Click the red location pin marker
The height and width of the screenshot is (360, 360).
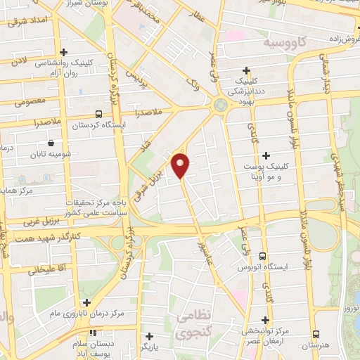coord(181,165)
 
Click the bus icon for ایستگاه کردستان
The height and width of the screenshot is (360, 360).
coord(98,113)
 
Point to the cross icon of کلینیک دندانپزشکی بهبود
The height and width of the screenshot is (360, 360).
coord(246,70)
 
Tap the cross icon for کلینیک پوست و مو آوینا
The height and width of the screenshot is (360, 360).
coord(266,155)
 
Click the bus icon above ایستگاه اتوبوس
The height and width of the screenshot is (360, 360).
coord(263,257)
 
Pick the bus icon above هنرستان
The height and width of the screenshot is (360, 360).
coord(316,334)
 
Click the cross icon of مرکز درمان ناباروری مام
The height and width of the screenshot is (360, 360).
coord(86,303)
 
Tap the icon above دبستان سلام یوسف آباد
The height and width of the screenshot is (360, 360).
coord(92,333)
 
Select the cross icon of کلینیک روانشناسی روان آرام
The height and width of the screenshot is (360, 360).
coord(64,52)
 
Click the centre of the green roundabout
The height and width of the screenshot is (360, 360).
coord(219,105)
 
